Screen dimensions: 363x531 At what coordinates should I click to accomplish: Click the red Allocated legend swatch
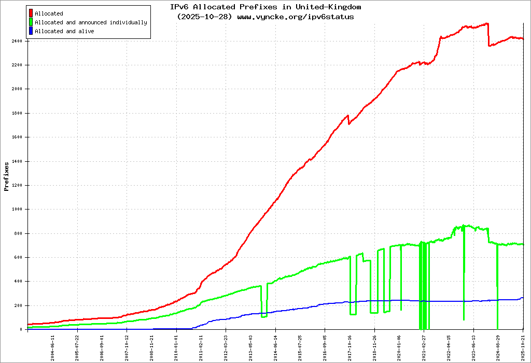pyautogui.click(x=31, y=13)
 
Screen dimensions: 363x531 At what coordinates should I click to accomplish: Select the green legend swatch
pyautogui.click(x=31, y=22)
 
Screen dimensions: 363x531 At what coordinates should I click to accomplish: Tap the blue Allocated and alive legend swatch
pyautogui.click(x=31, y=31)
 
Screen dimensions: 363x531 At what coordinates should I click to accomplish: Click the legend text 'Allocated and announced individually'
pyautogui.click(x=91, y=22)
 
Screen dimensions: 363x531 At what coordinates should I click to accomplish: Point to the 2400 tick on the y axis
pyautogui.click(x=17, y=41)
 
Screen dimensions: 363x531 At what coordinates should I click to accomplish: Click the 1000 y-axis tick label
pyautogui.click(x=17, y=209)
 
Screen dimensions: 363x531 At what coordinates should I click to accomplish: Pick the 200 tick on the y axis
pyautogui.click(x=18, y=305)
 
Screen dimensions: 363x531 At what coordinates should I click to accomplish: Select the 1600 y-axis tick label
pyautogui.click(x=17, y=137)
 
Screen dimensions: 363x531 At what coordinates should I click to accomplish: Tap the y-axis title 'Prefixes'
pyautogui.click(x=6, y=176)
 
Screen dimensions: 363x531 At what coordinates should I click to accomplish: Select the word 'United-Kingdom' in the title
pyautogui.click(x=328, y=7)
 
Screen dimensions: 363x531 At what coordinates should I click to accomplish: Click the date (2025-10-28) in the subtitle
pyautogui.click(x=204, y=17)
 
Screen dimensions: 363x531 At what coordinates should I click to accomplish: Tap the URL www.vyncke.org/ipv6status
pyautogui.click(x=296, y=17)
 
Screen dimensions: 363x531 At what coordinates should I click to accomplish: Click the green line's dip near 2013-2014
pyautogui.click(x=264, y=315)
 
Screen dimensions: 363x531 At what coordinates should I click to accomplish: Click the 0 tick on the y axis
pyautogui.click(x=21, y=329)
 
